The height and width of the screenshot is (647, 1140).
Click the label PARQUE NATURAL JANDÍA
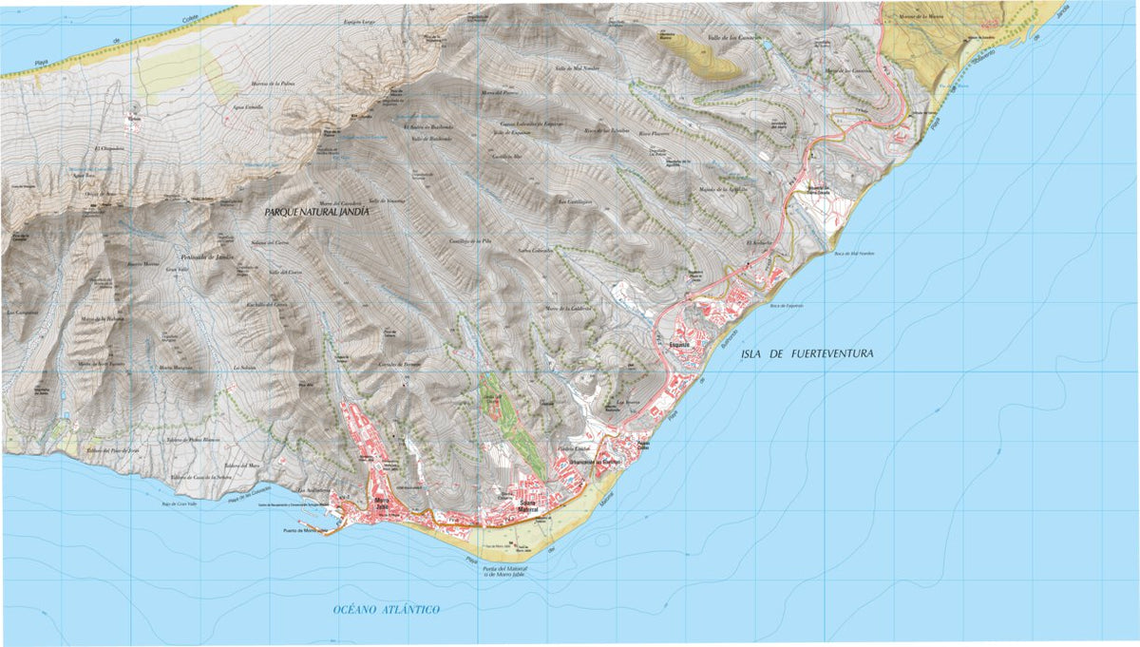316,214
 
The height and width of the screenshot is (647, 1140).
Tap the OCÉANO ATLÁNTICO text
386,608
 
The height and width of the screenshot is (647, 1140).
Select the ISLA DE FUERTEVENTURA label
804,353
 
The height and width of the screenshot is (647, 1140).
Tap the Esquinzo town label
677,346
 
